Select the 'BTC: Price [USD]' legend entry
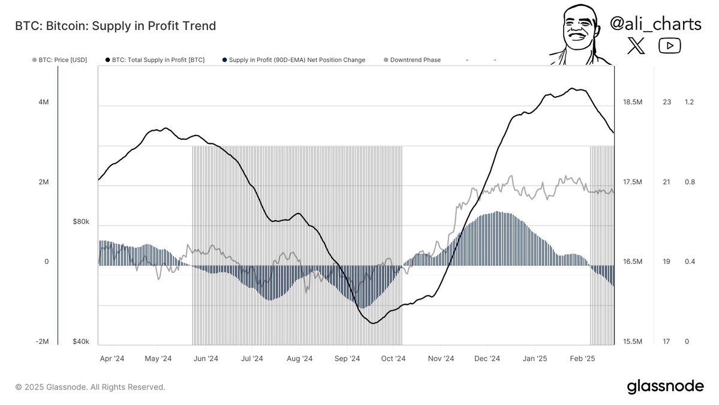(x=59, y=60)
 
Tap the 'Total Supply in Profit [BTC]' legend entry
(x=154, y=60)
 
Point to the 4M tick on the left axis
(x=43, y=102)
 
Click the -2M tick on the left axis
(x=42, y=341)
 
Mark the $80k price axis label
(x=81, y=221)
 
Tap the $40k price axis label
(x=81, y=341)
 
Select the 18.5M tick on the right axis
(x=633, y=102)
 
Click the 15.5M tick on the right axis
(x=633, y=341)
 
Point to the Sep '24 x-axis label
(x=347, y=359)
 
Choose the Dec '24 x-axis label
(x=487, y=359)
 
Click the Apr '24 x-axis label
(x=112, y=359)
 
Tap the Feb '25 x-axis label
(x=582, y=359)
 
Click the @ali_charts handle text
(x=655, y=25)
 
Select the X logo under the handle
(x=636, y=46)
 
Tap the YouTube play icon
(x=669, y=46)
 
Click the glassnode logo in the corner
(x=665, y=386)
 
